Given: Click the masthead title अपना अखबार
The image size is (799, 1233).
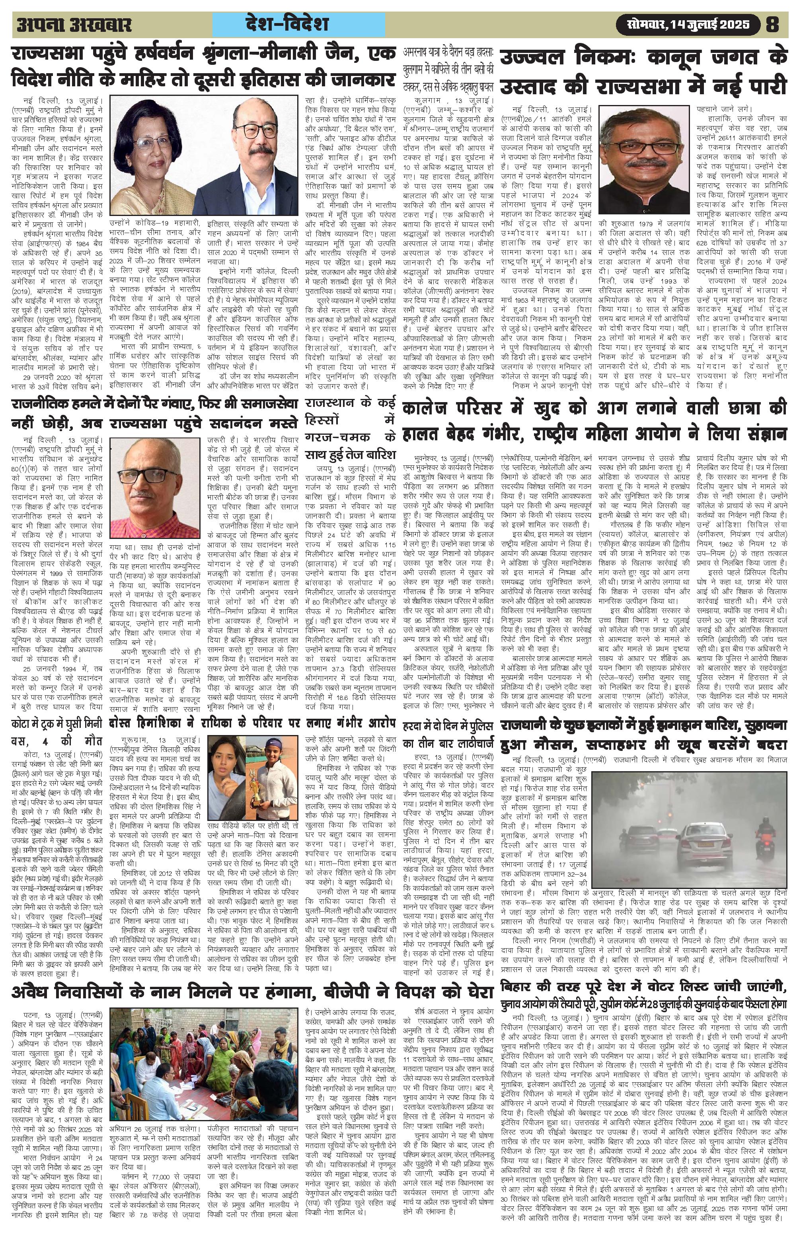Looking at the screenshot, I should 74,25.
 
